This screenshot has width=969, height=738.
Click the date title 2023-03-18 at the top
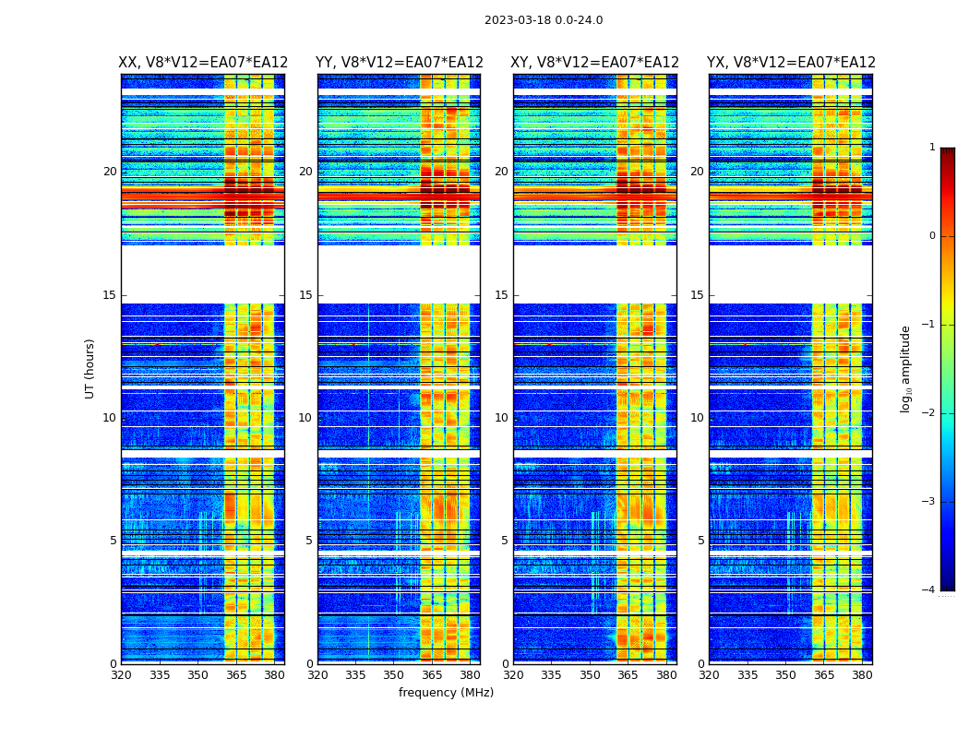point(544,20)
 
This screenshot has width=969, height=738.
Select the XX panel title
point(203,63)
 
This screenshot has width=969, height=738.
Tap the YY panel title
point(399,63)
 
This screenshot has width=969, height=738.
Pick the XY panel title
point(595,63)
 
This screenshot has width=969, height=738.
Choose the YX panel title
point(791,63)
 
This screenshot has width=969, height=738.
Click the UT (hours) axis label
point(90,368)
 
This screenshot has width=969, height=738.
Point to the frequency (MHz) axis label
point(446,693)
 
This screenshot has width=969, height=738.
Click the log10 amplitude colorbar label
point(906,368)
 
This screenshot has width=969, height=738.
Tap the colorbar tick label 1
point(932,148)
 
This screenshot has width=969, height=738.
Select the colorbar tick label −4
point(929,590)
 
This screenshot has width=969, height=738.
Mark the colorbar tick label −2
point(929,413)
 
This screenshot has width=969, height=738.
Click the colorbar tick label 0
point(932,236)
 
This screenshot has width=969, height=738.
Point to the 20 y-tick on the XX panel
point(110,172)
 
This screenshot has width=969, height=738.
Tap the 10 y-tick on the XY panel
point(501,418)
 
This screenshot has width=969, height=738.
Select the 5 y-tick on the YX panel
point(700,541)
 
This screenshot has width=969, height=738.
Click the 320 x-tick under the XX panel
point(122,675)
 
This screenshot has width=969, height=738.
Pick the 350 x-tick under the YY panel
point(393,675)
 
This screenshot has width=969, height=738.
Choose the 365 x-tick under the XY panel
point(628,675)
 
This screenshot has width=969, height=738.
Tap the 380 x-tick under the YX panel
point(862,675)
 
